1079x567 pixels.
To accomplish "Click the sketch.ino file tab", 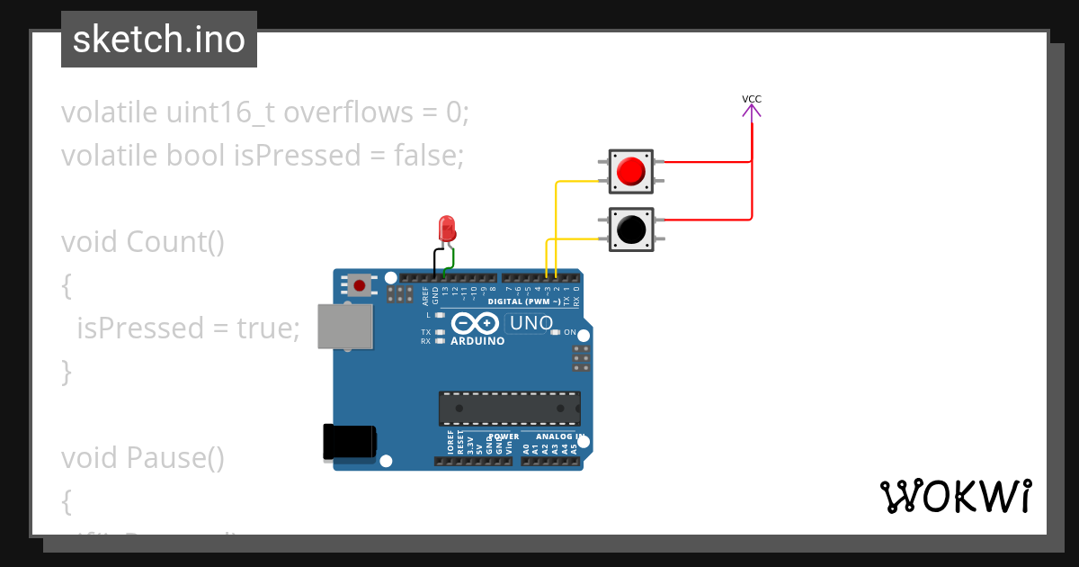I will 159,40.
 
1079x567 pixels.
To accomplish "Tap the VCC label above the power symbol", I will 752,99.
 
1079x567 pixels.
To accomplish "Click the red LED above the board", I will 446,227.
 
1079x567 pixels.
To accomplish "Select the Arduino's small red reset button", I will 360,285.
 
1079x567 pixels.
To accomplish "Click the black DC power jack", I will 349,443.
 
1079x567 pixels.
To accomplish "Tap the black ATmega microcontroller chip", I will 509,408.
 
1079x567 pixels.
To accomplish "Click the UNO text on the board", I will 531,323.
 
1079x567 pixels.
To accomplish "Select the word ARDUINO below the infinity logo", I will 477,341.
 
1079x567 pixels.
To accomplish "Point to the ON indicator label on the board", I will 569,332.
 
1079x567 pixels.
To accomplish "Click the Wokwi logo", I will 955,497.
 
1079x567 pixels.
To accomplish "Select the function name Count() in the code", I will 175,242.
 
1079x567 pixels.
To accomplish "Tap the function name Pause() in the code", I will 175,458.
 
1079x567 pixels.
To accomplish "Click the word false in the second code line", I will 428,156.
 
